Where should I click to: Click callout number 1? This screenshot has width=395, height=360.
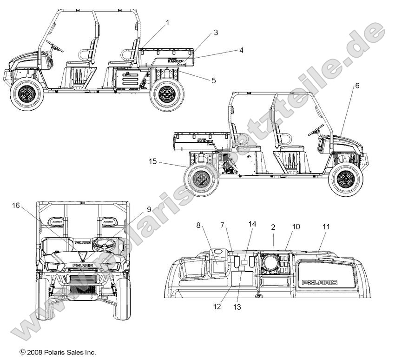168,22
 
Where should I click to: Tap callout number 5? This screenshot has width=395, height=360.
213,80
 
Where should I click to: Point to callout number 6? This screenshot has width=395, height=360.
357,86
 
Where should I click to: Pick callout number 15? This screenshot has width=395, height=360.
153,162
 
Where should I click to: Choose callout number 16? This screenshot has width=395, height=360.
16,206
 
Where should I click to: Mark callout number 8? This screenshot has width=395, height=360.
198,226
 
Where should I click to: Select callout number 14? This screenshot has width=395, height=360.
252,224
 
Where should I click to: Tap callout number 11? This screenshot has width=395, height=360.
326,227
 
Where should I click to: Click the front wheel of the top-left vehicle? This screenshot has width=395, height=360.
27,95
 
